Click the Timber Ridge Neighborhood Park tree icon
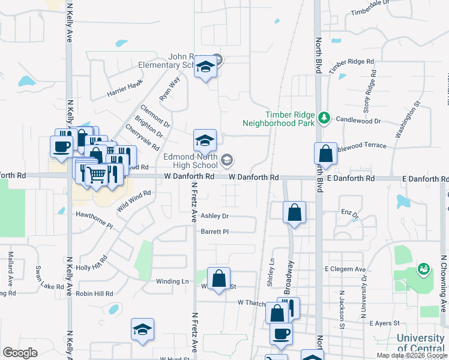pos(325,116)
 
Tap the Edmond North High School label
pos(191,161)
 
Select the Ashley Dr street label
pos(215,216)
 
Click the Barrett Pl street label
pos(215,231)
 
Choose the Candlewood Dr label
pos(359,121)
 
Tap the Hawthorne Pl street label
pos(94,220)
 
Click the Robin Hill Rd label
pos(94,293)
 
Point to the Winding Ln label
pos(172,281)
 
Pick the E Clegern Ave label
pos(345,269)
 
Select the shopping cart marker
pos(96,174)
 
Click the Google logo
pos(20,352)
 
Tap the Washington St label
pos(407,122)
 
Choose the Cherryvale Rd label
pos(143,137)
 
